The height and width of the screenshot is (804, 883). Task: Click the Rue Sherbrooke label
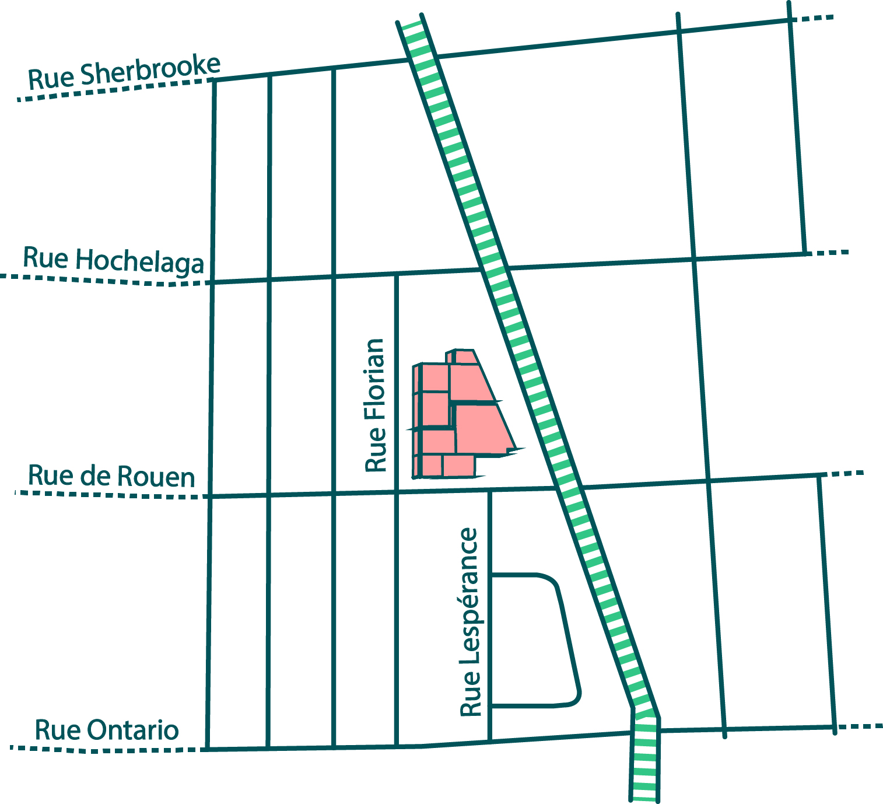point(124,72)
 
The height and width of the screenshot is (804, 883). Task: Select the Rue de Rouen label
point(111,476)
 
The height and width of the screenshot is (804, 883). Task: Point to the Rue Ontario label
point(107,730)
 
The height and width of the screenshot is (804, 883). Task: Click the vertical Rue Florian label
point(376,405)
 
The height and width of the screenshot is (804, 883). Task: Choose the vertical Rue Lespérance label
point(470,622)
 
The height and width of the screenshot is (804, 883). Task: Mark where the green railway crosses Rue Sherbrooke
point(422,58)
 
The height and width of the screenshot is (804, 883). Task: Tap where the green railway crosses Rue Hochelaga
point(494,269)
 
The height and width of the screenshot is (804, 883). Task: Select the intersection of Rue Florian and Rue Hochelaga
point(396,274)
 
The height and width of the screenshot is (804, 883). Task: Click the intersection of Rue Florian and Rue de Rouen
point(396,494)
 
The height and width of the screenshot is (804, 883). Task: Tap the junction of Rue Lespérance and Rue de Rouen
point(489,491)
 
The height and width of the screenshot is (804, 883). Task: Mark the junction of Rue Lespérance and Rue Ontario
point(489,741)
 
